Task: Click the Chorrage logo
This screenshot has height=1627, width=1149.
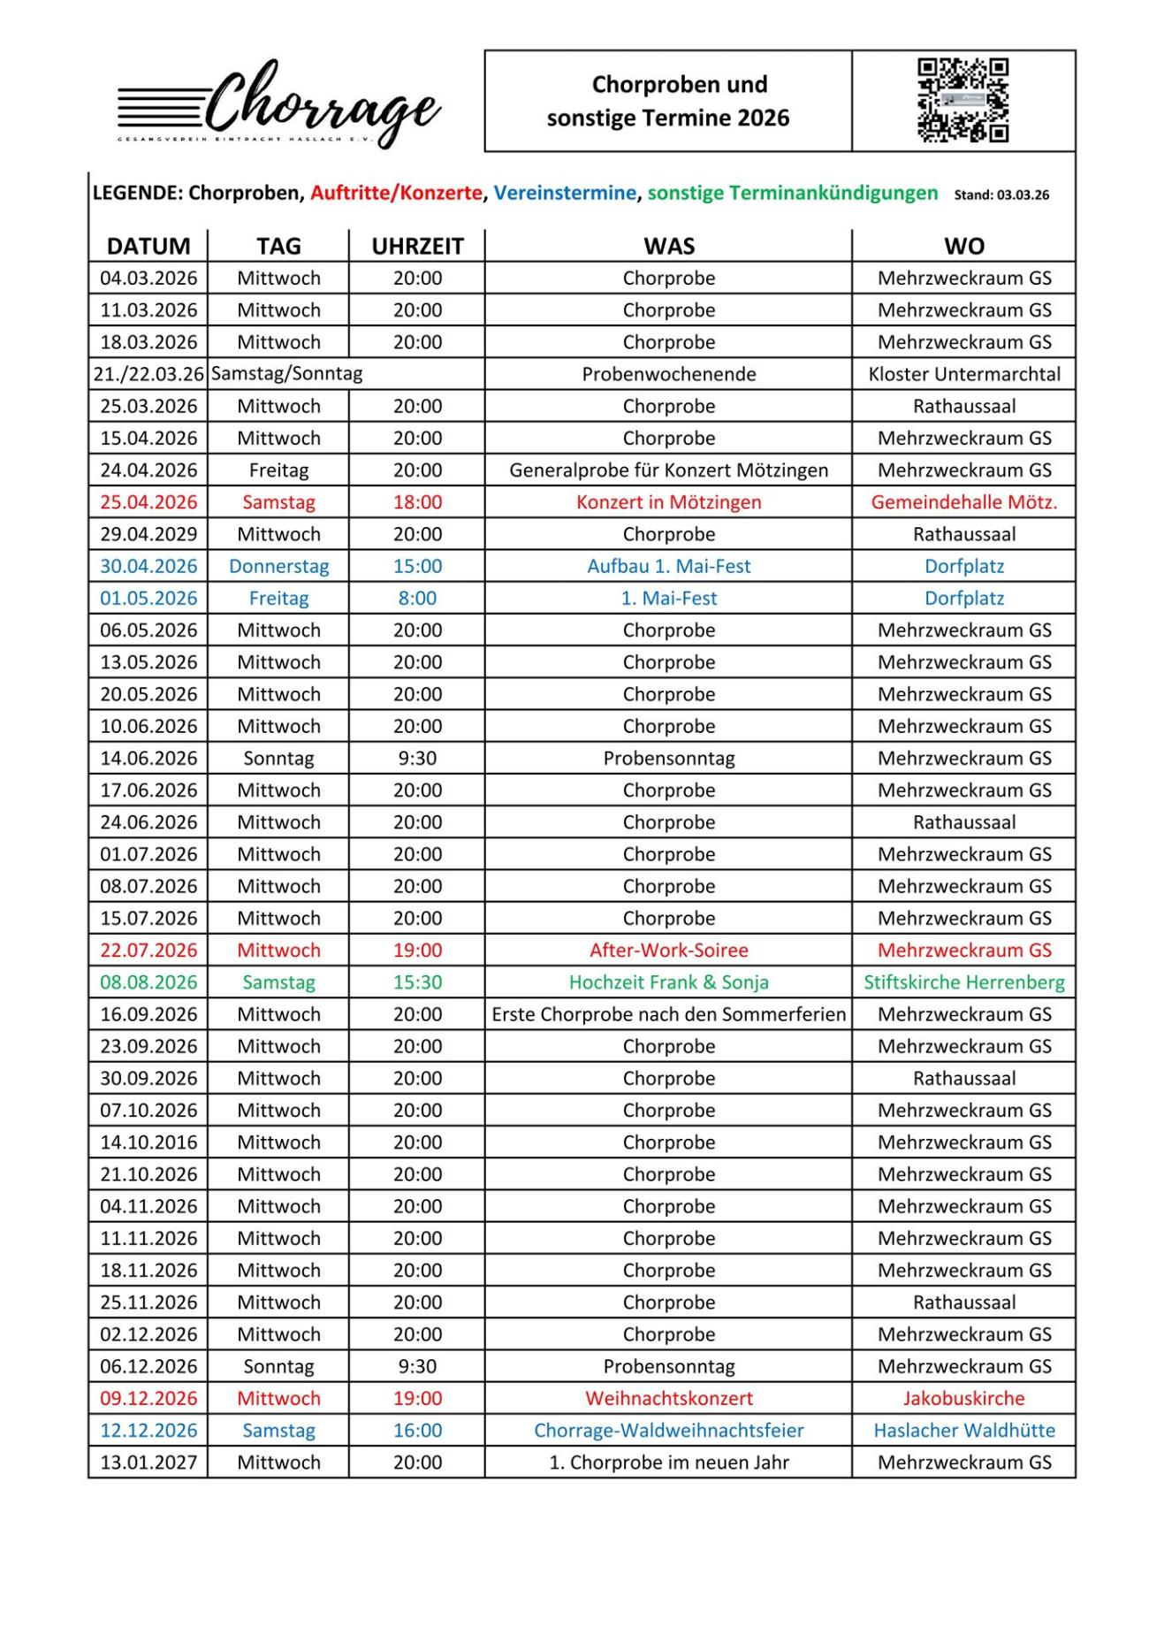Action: (x=279, y=104)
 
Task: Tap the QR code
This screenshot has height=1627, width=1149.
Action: (x=963, y=101)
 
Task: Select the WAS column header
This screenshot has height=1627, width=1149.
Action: (x=668, y=246)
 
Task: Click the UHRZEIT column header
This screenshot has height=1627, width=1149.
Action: (x=417, y=246)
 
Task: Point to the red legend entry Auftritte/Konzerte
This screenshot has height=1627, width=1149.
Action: (x=396, y=193)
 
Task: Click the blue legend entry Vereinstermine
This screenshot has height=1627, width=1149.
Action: (x=565, y=193)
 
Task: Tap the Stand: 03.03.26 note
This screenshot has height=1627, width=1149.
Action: (x=1001, y=195)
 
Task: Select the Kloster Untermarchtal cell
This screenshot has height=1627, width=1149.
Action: (x=964, y=374)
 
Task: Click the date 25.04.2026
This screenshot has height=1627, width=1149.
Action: (x=148, y=502)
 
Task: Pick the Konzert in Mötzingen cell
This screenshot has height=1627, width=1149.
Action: (x=668, y=502)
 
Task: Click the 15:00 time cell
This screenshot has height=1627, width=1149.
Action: (x=417, y=566)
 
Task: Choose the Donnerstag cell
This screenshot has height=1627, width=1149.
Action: (x=278, y=566)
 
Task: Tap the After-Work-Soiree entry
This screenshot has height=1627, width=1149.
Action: (x=668, y=951)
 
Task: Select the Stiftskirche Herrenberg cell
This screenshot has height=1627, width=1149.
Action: (x=964, y=982)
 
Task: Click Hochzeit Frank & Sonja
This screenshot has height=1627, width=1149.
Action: (x=668, y=982)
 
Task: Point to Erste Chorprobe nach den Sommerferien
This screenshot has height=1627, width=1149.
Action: (x=668, y=1014)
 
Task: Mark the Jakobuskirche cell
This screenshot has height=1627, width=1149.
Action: (x=964, y=1398)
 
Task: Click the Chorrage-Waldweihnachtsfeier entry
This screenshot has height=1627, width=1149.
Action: (x=668, y=1430)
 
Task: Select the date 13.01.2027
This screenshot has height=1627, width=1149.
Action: (x=148, y=1463)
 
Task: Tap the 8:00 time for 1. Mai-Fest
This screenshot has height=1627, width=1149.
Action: (x=417, y=598)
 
